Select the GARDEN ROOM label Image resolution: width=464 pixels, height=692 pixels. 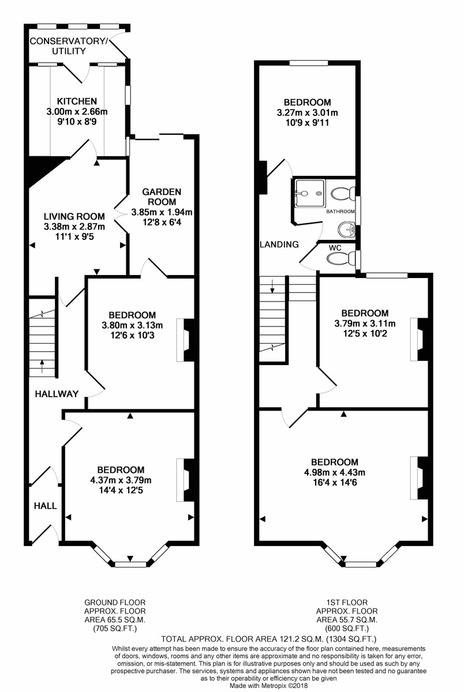[x=162, y=196]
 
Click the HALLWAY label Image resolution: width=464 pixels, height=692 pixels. [x=56, y=394]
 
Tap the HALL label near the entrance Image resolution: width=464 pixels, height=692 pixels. [x=45, y=506]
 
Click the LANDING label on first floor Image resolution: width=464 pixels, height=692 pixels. [x=279, y=245]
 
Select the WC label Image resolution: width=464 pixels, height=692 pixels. [x=335, y=247]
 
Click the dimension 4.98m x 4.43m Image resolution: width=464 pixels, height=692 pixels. [x=334, y=473]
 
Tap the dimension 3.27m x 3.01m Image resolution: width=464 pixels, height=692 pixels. [x=307, y=112]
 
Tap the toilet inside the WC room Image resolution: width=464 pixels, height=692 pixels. [x=339, y=258]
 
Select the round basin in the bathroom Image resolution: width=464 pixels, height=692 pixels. [x=347, y=229]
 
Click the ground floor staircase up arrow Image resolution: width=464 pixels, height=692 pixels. [x=42, y=363]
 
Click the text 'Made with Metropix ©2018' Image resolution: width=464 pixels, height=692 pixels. [x=270, y=686]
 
